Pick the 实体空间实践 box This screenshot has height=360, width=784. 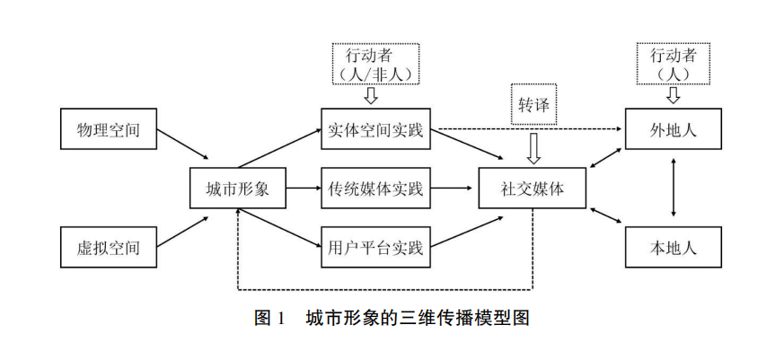[375, 131]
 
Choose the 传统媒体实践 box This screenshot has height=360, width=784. [375, 189]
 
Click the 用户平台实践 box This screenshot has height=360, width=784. [375, 247]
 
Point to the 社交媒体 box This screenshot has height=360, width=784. [533, 189]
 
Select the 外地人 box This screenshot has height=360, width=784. [674, 131]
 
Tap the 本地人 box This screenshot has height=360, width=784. [674, 246]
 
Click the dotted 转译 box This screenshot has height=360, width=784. [533, 104]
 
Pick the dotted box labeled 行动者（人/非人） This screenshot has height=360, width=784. [376, 62]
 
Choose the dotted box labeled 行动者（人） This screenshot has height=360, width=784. [674, 62]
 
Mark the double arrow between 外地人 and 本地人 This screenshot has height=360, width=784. [674, 189]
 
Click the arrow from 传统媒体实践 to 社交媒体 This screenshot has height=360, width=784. [454, 189]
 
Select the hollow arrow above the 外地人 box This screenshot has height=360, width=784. [674, 94]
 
